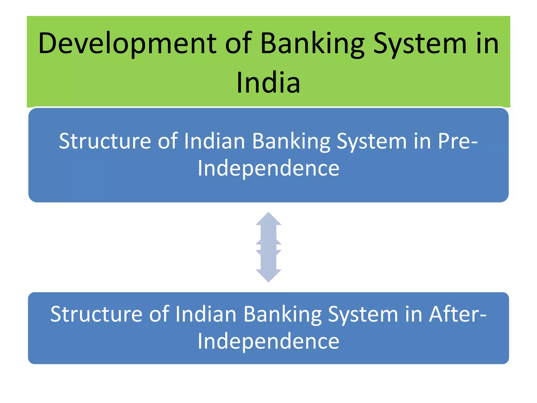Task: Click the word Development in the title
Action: tap(127, 44)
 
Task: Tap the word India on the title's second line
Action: tap(268, 82)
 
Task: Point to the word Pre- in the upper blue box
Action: tap(458, 141)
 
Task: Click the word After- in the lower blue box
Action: tap(457, 314)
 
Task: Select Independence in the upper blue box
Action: tap(268, 168)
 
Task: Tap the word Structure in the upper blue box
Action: tap(105, 141)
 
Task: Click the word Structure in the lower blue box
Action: tap(96, 314)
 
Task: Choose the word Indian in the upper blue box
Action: tap(214, 141)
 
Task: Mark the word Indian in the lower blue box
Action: tap(206, 314)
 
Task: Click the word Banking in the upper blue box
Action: tap(291, 141)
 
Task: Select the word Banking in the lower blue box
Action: tap(282, 314)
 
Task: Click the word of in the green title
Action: tap(238, 44)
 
